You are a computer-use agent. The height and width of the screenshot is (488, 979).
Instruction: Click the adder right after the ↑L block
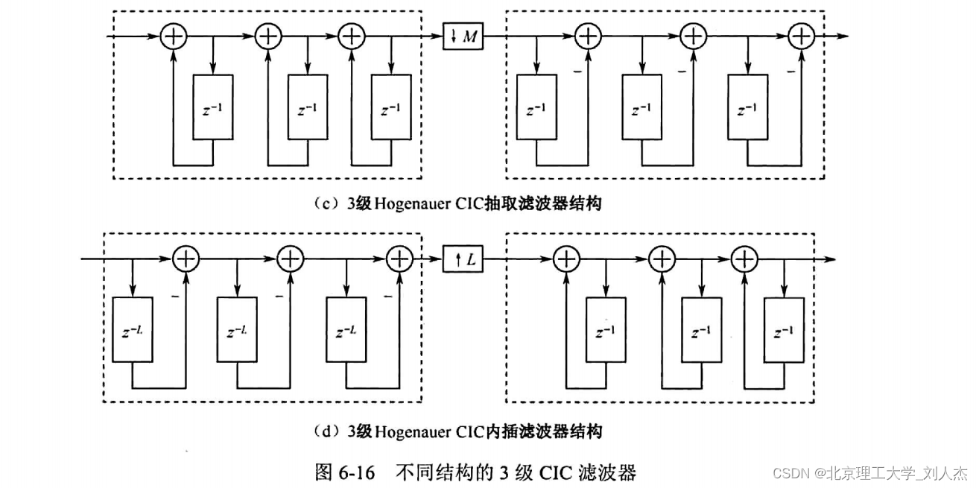567,259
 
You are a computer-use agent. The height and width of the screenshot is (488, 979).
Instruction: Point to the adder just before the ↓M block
351,37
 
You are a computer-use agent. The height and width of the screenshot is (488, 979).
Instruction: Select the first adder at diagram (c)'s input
173,37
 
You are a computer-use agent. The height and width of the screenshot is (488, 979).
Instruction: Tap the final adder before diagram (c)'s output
802,36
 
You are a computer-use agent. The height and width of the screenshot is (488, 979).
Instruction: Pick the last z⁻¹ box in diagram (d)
784,330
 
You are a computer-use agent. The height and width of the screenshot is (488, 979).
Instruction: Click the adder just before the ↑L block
400,259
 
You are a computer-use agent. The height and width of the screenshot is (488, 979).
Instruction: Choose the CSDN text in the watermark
791,473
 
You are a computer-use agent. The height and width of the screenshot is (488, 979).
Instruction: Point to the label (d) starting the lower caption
325,431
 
